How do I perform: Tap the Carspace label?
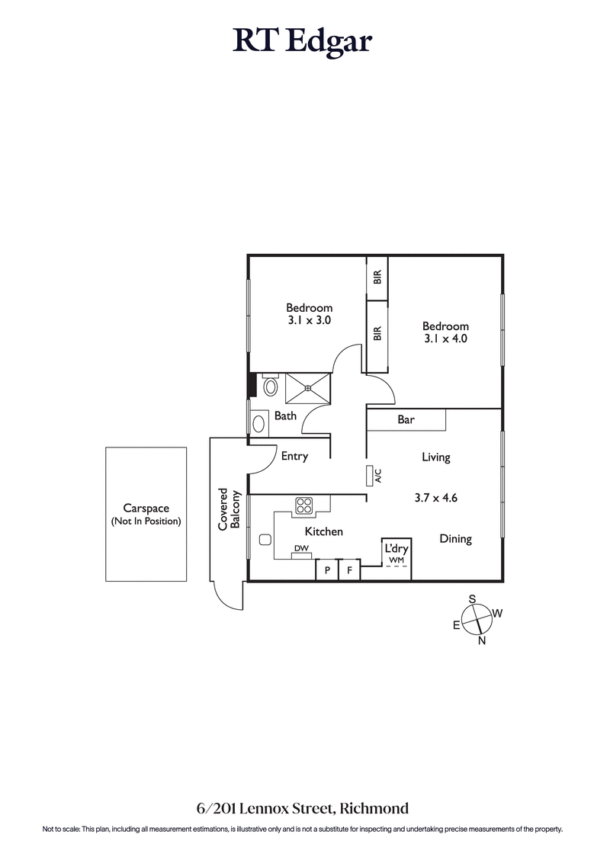(x=146, y=508)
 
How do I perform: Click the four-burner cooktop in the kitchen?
(x=305, y=505)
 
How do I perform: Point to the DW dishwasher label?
(x=300, y=548)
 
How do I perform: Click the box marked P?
(x=327, y=569)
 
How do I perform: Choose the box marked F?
(x=349, y=569)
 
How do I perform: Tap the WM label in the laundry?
(x=396, y=560)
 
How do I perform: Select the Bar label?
(x=406, y=420)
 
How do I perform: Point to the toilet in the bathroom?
(x=270, y=387)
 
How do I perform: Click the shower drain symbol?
(x=308, y=388)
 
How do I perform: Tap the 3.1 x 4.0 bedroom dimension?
(x=445, y=338)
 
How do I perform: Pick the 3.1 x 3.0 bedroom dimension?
(x=309, y=321)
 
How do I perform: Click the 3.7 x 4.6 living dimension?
(x=435, y=498)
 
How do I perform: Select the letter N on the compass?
(x=482, y=640)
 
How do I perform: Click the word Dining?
(x=455, y=539)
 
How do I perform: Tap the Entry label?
(x=294, y=457)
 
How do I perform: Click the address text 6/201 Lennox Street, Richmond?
(x=303, y=807)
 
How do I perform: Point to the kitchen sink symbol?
(x=265, y=540)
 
